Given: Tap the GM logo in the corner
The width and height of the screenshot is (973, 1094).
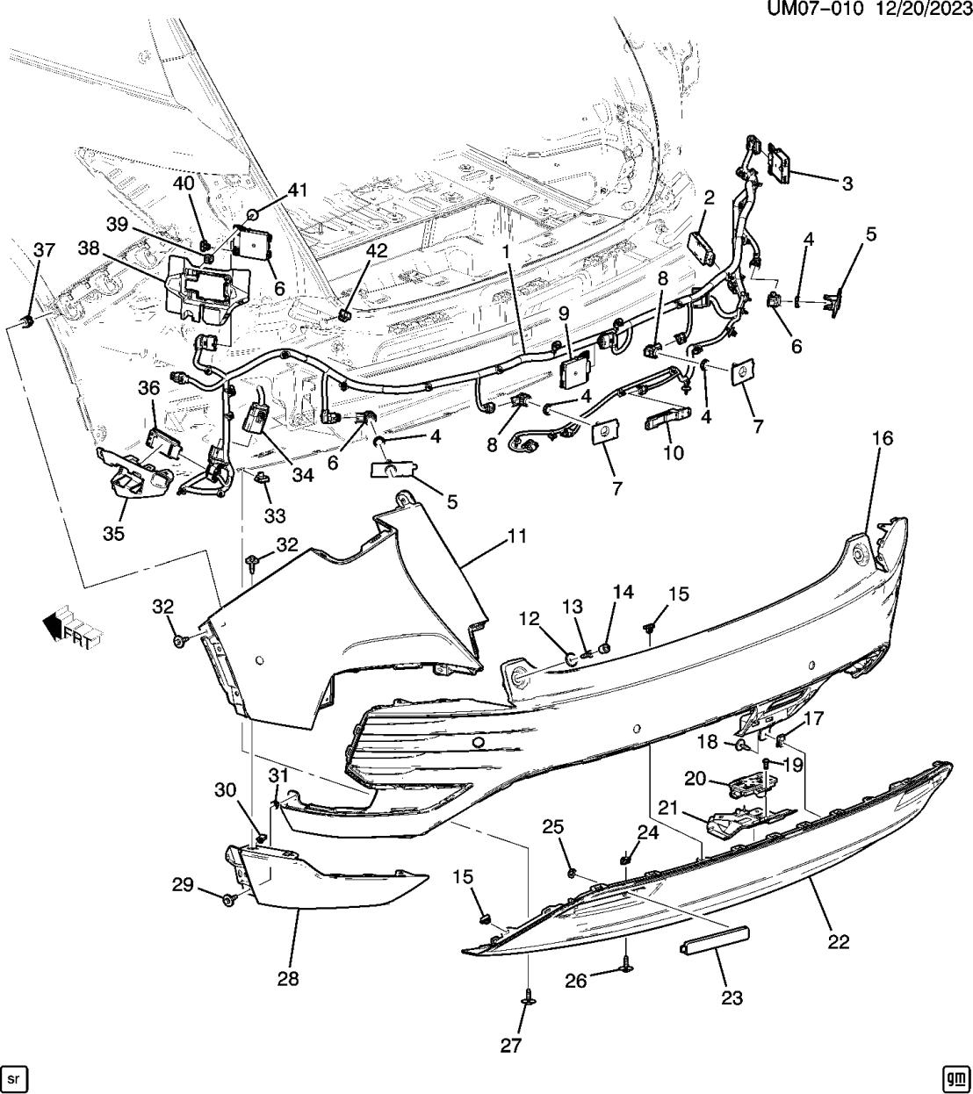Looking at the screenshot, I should (x=955, y=1076).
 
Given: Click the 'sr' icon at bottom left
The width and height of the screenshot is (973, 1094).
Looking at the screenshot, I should (x=16, y=1076).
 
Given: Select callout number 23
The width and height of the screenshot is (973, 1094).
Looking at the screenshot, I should (x=732, y=997).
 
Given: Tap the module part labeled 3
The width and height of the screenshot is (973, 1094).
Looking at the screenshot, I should (x=780, y=162).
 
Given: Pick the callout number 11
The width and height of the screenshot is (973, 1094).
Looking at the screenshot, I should (x=517, y=536).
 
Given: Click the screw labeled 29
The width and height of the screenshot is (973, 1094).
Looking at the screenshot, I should (x=231, y=899).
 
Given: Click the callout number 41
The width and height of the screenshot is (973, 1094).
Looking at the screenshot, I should (x=299, y=189).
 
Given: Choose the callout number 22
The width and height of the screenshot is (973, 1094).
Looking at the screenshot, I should (x=839, y=941).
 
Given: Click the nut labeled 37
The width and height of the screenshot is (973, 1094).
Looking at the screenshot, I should (x=28, y=320).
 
